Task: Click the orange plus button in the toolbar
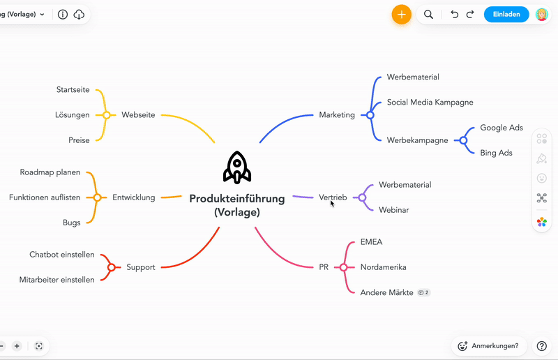[402, 15]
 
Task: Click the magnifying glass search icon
[428, 14]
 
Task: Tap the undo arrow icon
[454, 14]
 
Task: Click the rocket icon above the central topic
[237, 167]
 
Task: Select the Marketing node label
[337, 115]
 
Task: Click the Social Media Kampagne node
[430, 103]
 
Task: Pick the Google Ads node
[502, 128]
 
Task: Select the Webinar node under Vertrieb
[393, 210]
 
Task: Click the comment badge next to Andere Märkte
[424, 293]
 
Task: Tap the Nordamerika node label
[383, 267]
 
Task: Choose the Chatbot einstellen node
[62, 255]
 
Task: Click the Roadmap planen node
[50, 172]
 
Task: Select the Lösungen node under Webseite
[73, 115]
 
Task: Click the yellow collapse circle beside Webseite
[106, 115]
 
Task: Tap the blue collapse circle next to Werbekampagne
[463, 140]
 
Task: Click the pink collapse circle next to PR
[343, 267]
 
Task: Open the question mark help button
[542, 346]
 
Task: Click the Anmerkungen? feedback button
[489, 346]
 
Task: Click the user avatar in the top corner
[542, 15]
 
